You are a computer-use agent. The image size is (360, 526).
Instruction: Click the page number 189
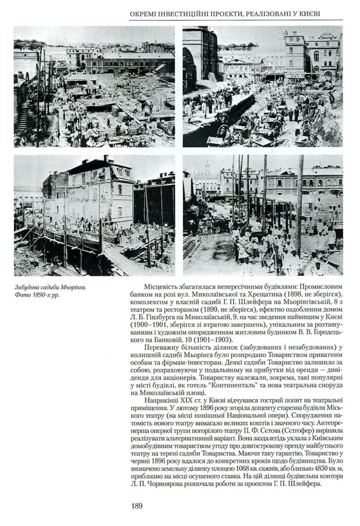136,506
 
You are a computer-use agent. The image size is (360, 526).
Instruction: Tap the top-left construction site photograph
94,87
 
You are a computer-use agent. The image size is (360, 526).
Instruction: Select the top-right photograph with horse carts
262,87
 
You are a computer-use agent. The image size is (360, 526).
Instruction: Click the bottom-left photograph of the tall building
94,215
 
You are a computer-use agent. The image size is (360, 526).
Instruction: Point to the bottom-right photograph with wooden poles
262,215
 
